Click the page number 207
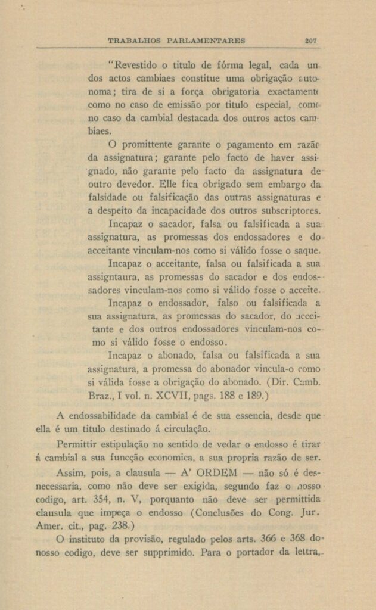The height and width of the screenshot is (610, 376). (310, 41)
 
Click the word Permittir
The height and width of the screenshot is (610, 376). (82, 444)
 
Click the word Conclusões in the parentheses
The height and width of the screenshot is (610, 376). (223, 514)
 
